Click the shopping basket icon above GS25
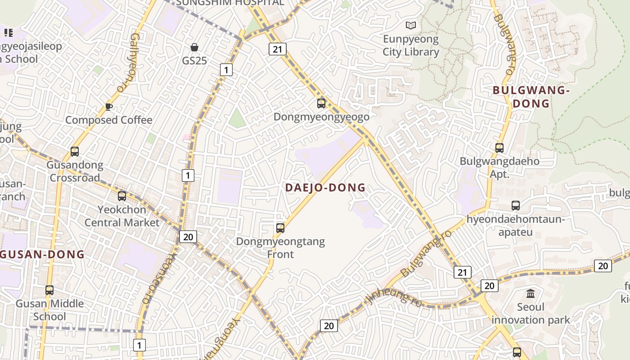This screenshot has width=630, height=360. coord(194,47)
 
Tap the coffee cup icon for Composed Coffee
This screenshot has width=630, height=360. coord(108,107)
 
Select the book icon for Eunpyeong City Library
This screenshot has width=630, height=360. coord(411,25)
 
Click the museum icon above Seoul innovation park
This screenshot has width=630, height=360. coord(531,294)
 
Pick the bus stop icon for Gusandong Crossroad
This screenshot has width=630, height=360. coord(75,152)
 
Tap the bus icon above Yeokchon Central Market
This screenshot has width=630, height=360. coord(122,196)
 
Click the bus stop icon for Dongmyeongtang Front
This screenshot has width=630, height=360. coord(280,228)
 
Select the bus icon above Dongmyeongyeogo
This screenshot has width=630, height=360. coord(321,103)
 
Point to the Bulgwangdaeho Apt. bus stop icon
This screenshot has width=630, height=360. coord(499,148)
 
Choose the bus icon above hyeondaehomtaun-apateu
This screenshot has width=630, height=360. coord(516,206)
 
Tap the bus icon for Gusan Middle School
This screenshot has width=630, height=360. coord(49,290)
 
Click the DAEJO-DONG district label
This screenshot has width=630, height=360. coord(325,188)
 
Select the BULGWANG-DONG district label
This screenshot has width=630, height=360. coord(531,97)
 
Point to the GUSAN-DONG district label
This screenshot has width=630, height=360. coord(43,254)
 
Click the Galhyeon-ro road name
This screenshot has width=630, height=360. coord(126,63)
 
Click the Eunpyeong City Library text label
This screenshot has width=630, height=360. coord(411,45)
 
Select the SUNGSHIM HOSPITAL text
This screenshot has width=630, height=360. coord(230,3)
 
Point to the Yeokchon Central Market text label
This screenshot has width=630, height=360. coord(122,216)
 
